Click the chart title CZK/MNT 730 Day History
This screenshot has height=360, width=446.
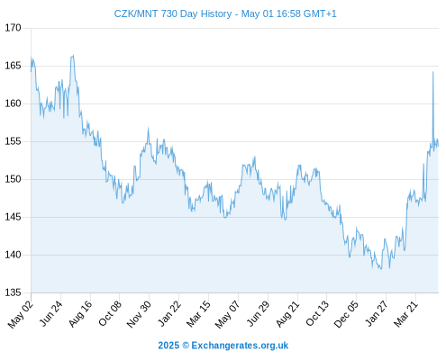click(173, 13)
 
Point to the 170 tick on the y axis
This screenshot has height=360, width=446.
click(13, 28)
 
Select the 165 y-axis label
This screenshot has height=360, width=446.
click(13, 66)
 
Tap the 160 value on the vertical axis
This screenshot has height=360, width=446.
click(13, 103)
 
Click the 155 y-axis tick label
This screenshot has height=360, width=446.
click(13, 141)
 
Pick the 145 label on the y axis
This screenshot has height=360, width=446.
click(13, 217)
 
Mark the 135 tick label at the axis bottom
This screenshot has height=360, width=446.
click(13, 292)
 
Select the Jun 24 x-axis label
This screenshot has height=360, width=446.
click(50, 313)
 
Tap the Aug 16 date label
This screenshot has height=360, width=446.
click(80, 313)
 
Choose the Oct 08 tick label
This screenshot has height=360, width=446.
click(110, 313)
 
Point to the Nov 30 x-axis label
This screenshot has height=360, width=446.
click(139, 314)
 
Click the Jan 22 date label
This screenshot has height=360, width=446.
click(169, 313)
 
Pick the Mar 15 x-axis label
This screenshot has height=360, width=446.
click(198, 314)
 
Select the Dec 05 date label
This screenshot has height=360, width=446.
click(346, 314)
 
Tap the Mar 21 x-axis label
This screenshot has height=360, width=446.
click(405, 313)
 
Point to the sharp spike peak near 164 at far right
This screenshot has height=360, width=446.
click(432, 72)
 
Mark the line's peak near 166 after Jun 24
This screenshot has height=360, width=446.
click(73, 56)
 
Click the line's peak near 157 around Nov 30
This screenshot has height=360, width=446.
click(148, 129)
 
